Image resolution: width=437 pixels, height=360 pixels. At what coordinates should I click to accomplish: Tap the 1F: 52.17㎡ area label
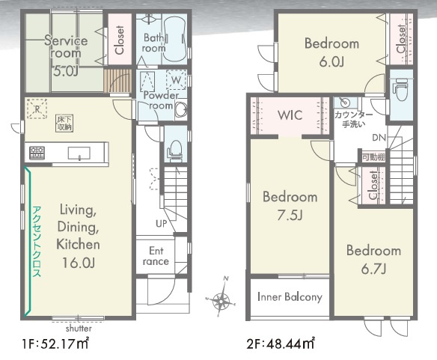55,344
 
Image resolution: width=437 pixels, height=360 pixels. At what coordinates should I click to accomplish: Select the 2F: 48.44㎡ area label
281,344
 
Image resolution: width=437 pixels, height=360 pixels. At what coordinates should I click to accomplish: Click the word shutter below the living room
79,329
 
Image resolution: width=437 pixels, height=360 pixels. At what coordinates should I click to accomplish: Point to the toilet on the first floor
175,151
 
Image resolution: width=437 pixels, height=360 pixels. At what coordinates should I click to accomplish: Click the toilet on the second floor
400,89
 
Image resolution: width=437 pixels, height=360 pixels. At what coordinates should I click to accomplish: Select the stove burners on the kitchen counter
37,153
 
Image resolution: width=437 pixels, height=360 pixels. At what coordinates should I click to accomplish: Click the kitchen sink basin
79,153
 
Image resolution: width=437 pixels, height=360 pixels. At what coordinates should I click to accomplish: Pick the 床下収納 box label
64,123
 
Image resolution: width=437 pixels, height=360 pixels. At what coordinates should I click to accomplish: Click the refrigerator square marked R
37,109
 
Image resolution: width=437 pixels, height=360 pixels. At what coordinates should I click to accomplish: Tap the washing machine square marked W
176,80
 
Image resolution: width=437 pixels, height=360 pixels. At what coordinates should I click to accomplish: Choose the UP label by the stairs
162,223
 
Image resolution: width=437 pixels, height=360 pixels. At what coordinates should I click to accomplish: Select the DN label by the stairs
379,138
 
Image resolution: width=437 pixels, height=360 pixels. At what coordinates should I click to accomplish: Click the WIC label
290,115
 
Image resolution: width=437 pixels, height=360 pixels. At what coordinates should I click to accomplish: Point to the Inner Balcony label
290,297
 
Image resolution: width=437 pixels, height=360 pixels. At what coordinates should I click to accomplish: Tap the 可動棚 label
373,157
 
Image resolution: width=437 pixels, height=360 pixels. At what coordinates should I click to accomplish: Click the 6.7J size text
373,269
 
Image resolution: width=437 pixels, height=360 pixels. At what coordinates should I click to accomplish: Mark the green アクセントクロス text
37,242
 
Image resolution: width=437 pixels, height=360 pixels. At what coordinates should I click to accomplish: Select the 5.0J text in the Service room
65,71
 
